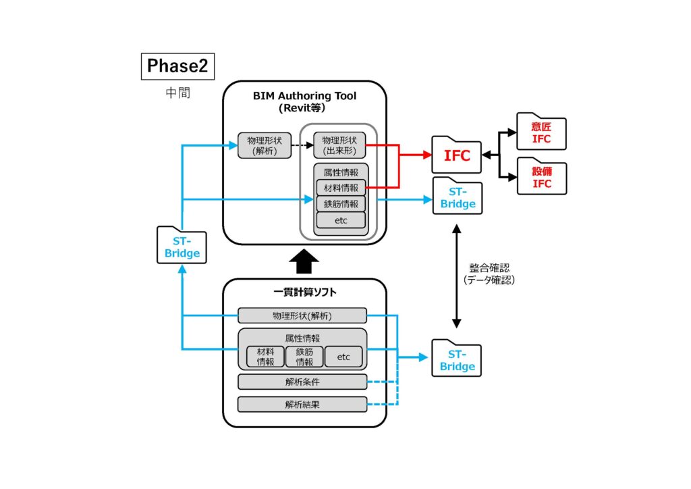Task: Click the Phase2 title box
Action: tap(177, 66)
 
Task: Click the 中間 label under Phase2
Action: tap(177, 93)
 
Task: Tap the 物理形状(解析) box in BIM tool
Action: tap(265, 145)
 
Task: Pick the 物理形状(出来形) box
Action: tap(339, 145)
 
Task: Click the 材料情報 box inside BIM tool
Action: tap(341, 187)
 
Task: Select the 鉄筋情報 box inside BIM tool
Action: tap(341, 203)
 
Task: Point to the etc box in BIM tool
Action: tap(341, 220)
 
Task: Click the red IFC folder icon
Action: tap(457, 155)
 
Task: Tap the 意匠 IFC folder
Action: tap(541, 132)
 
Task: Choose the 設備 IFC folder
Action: tap(541, 176)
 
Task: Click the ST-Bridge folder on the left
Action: tap(182, 246)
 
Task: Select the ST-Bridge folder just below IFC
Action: tap(458, 197)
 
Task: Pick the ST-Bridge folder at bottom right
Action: tap(457, 360)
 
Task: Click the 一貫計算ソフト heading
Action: tap(304, 292)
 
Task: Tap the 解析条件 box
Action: tap(302, 382)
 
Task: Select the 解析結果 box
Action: tap(302, 405)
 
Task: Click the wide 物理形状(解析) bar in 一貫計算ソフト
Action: tap(302, 315)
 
